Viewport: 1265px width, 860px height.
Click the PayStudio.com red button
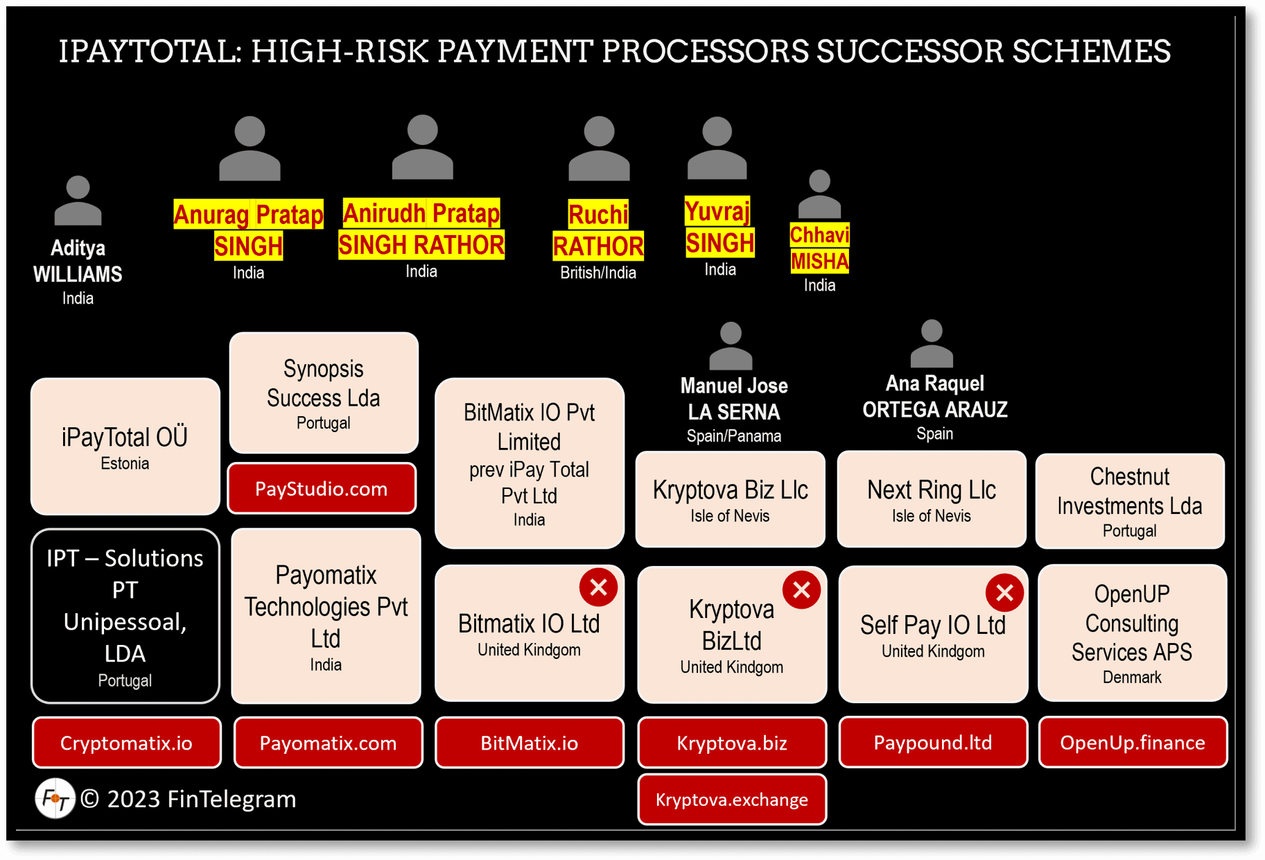click(x=322, y=489)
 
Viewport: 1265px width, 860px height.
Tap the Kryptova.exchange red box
click(x=731, y=800)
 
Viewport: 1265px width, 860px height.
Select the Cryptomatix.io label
click(x=126, y=743)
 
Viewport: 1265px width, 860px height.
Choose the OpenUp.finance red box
click(x=1132, y=743)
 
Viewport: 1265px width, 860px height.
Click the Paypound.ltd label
click(x=932, y=743)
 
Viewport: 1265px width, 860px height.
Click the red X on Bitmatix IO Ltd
click(x=598, y=587)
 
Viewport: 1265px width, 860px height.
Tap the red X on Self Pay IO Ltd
click(x=1004, y=593)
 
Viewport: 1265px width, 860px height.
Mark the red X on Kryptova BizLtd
click(x=801, y=590)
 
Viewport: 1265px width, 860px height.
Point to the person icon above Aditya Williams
click(x=78, y=200)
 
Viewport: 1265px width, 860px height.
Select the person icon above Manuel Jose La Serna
click(x=731, y=345)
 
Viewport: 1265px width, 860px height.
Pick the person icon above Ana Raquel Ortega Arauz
click(x=932, y=343)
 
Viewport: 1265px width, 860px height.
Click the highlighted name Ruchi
click(x=597, y=215)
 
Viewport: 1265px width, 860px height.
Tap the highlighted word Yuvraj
click(x=717, y=211)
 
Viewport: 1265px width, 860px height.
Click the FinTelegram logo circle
click(x=55, y=798)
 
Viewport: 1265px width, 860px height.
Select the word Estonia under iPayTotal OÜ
click(x=125, y=463)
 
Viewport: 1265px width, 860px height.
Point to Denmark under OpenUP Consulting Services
click(x=1131, y=677)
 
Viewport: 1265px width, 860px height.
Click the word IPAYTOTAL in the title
click(x=150, y=51)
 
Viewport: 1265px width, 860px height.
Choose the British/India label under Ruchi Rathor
click(x=597, y=273)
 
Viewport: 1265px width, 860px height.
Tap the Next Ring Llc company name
click(x=931, y=490)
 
